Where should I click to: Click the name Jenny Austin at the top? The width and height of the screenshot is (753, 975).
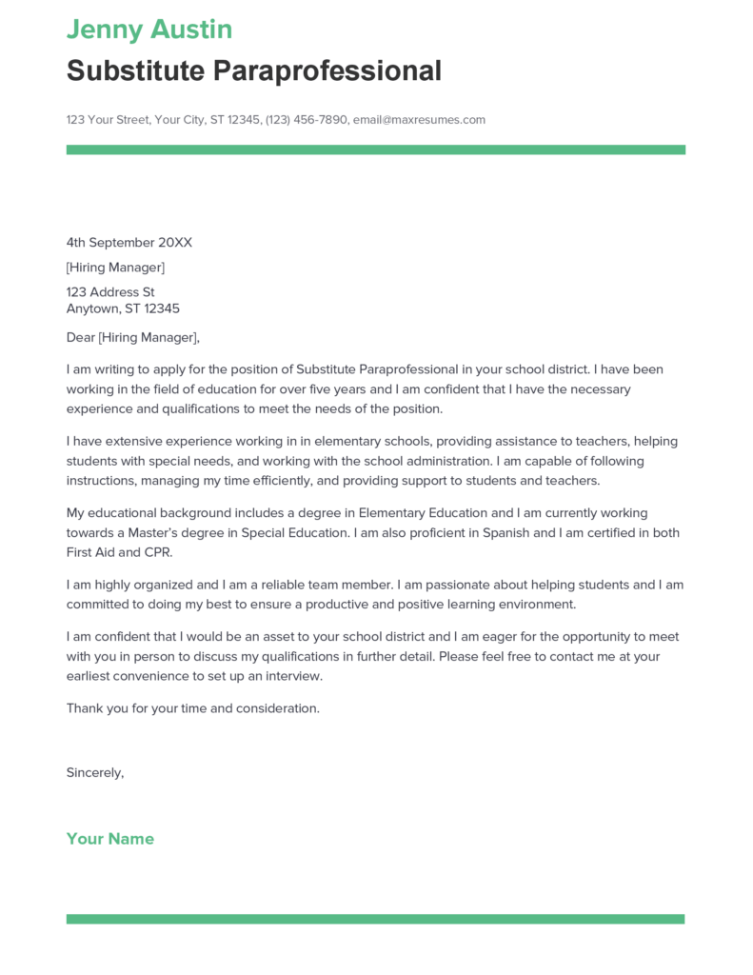149,30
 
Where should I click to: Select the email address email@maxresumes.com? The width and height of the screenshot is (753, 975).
419,120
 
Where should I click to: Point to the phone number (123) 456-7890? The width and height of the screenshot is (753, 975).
307,120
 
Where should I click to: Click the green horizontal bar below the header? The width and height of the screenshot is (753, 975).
375,149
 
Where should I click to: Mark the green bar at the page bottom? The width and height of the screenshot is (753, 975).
375,919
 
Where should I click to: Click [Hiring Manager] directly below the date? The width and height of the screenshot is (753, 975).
115,268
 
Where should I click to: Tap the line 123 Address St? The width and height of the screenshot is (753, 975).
110,292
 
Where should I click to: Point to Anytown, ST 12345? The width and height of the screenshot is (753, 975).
123,308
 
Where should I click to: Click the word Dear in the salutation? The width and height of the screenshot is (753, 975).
81,337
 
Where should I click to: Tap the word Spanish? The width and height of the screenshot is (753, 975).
505,533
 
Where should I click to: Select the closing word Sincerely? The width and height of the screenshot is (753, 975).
94,772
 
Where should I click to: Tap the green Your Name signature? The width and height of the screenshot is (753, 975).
110,839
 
